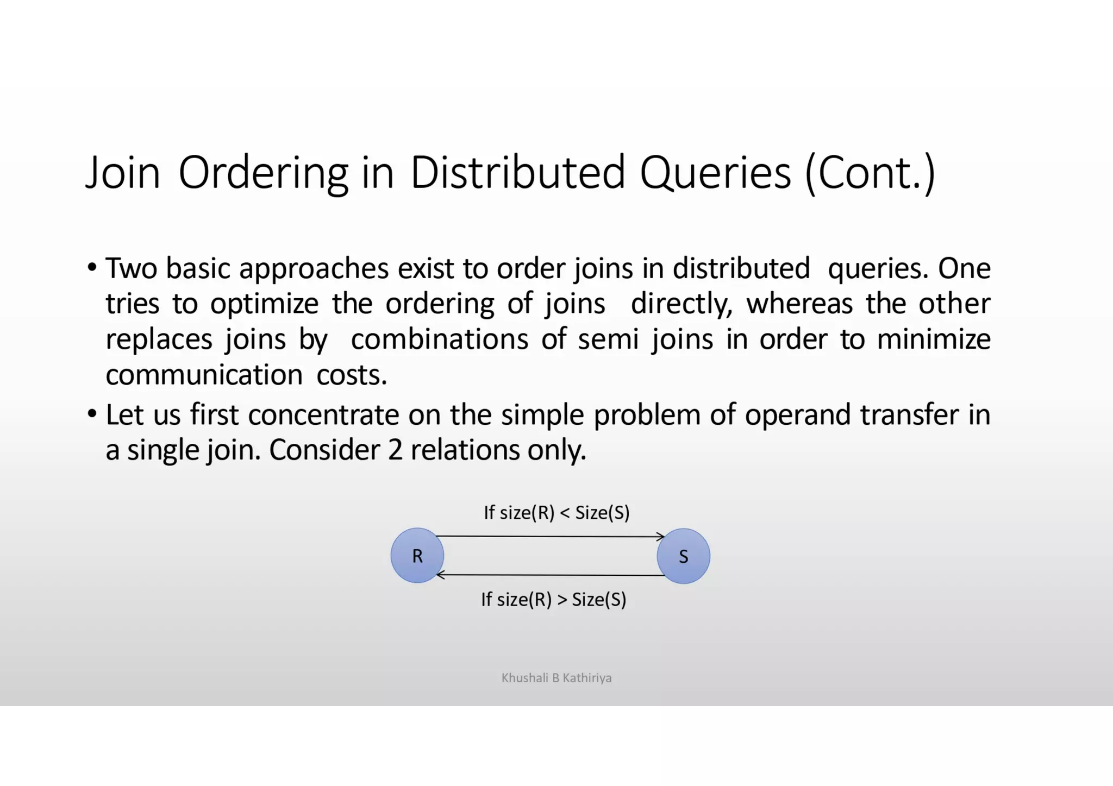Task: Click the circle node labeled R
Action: click(417, 555)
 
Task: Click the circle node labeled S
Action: click(683, 556)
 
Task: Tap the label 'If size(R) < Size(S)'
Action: click(556, 512)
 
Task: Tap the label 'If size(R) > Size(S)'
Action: click(553, 599)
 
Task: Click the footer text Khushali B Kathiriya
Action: click(556, 677)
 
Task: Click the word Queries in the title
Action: click(715, 173)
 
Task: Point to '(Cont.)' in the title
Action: click(870, 173)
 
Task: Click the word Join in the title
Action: click(123, 173)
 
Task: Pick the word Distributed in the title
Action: click(517, 173)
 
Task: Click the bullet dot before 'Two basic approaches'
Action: click(92, 267)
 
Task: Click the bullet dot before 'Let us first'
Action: click(92, 414)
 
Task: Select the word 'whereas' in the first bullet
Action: click(799, 303)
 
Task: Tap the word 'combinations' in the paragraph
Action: click(439, 339)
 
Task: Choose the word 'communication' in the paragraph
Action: click(204, 375)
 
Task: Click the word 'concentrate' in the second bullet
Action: click(323, 415)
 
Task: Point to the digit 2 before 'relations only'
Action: click(395, 450)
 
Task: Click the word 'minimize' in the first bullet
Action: click(933, 339)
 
